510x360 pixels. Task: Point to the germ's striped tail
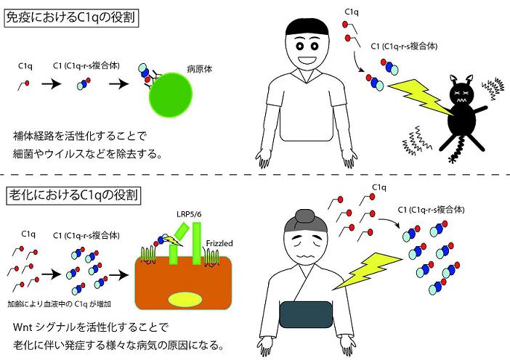click(458, 153)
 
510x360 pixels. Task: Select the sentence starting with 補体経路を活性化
click(91, 136)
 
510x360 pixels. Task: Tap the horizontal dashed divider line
click(254, 176)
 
